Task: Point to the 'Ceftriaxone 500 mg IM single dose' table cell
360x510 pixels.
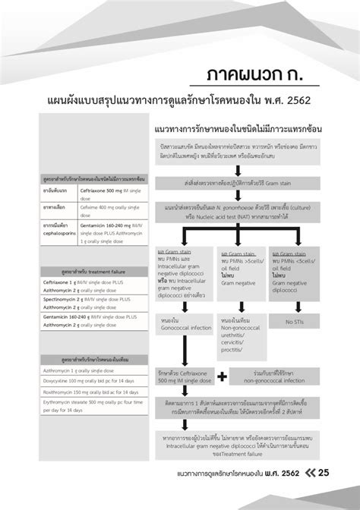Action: click(103, 192)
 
